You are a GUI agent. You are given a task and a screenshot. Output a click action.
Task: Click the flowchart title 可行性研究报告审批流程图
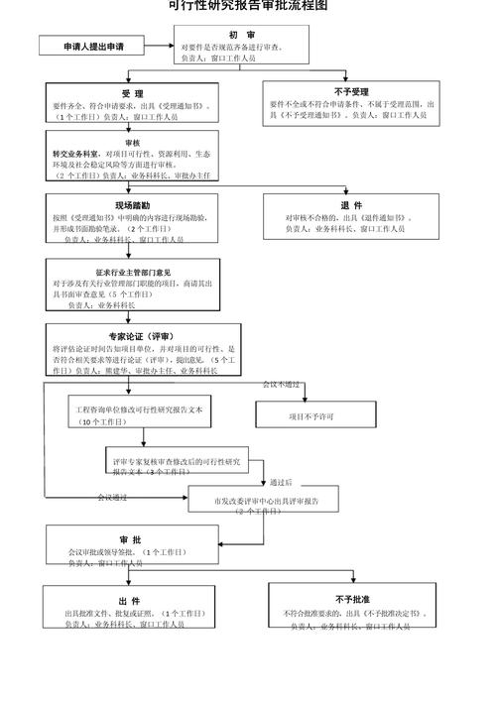pyautogui.click(x=247, y=6)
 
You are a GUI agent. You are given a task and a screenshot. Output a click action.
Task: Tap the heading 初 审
pyautogui.click(x=241, y=35)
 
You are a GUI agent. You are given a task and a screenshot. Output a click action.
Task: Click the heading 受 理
pyautogui.click(x=132, y=93)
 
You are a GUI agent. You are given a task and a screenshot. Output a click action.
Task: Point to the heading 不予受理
pyautogui.click(x=351, y=91)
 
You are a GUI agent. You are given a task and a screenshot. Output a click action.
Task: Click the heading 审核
pyautogui.click(x=132, y=143)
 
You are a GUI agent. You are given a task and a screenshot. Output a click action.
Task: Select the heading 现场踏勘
pyautogui.click(x=132, y=204)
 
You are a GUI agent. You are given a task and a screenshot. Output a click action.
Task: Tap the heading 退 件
pyautogui.click(x=351, y=205)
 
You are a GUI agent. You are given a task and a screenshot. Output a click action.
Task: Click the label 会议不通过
pyautogui.click(x=281, y=383)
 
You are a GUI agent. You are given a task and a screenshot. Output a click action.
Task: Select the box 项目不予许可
pyautogui.click(x=310, y=416)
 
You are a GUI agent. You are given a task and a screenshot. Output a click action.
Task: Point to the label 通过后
pyautogui.click(x=282, y=482)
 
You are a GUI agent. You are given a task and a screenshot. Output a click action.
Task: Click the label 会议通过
pyautogui.click(x=111, y=497)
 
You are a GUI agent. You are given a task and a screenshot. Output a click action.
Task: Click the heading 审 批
pyautogui.click(x=129, y=538)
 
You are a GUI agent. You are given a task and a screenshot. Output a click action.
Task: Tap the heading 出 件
pyautogui.click(x=129, y=602)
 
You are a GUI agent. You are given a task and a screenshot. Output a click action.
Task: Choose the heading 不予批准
pyautogui.click(x=352, y=600)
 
